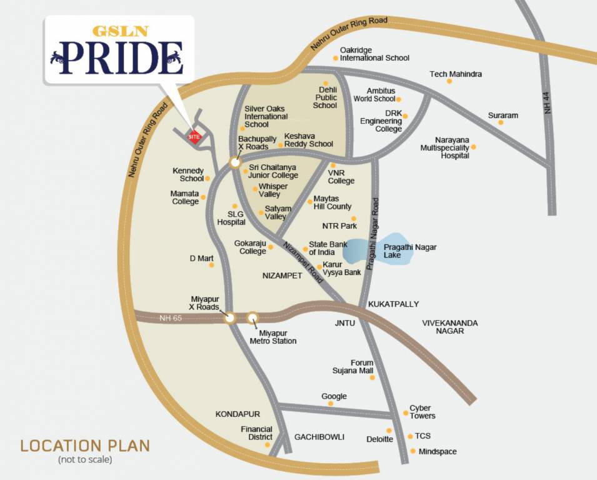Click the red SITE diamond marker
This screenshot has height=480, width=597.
tap(194, 136)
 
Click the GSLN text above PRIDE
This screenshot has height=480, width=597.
tap(117, 31)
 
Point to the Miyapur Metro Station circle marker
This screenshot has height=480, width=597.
tap(253, 318)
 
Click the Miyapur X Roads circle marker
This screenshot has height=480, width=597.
tap(230, 318)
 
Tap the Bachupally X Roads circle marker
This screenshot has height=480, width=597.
tap(234, 163)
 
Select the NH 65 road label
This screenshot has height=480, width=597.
tap(171, 317)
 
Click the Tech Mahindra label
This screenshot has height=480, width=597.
tap(456, 74)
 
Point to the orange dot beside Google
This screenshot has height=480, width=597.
tap(331, 404)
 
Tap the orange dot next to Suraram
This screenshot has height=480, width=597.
tap(500, 122)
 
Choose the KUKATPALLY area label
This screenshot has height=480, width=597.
tap(394, 304)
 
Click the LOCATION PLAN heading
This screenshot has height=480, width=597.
tap(85, 446)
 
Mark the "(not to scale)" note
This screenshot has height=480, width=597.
tap(85, 461)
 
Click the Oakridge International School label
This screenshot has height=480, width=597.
tap(374, 54)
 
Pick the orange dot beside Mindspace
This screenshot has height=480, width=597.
tap(413, 451)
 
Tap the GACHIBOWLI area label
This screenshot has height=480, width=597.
tap(319, 437)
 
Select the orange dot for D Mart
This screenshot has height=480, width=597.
tap(211, 265)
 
